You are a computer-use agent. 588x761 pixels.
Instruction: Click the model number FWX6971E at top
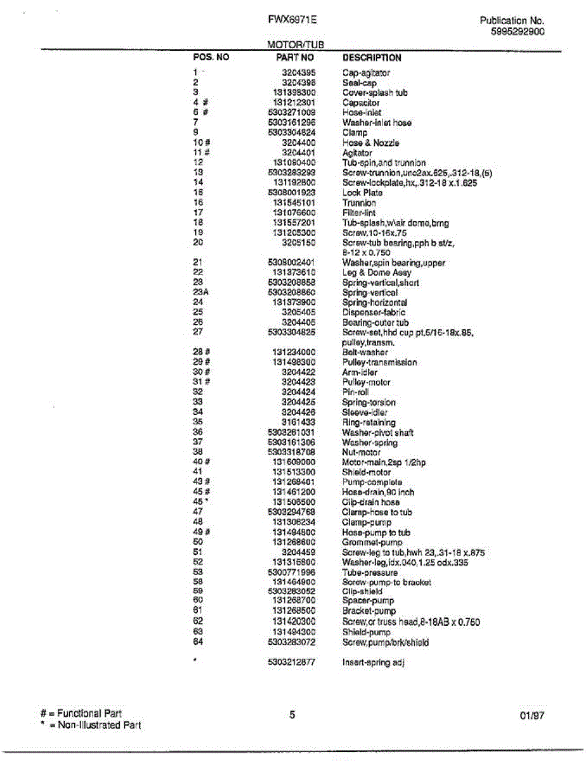292,20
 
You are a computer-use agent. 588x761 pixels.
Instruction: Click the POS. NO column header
211,57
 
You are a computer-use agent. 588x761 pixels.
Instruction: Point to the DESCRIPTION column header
372,57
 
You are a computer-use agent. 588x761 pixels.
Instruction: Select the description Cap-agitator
366,73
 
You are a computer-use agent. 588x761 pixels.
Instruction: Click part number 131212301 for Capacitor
294,102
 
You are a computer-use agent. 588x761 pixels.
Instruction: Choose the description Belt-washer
365,352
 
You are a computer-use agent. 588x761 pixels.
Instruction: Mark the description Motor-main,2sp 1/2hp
384,462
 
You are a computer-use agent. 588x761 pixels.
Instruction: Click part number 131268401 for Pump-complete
294,482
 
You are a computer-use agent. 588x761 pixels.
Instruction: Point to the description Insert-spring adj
373,663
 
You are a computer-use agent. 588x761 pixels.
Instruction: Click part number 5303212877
292,663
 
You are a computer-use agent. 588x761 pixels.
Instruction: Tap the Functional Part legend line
81,713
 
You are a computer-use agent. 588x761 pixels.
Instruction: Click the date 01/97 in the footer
532,715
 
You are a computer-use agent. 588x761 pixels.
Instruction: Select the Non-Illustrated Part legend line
90,725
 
